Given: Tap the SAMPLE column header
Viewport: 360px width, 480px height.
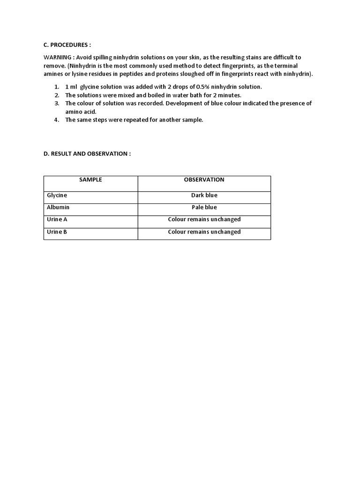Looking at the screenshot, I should (x=90, y=180).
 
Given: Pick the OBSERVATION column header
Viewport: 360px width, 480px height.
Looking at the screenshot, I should (x=204, y=180).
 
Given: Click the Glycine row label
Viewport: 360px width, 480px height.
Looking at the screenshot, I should (x=57, y=195).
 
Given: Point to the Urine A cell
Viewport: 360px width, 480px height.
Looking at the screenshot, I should (x=57, y=219).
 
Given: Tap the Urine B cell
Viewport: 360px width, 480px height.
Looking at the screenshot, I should (x=57, y=232).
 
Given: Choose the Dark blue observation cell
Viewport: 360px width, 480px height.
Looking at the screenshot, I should (x=204, y=195).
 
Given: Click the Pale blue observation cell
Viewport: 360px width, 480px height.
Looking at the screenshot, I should (x=204, y=207).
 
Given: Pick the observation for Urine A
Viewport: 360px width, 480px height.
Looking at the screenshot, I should (x=204, y=219).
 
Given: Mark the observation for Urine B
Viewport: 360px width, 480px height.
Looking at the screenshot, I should (x=204, y=232).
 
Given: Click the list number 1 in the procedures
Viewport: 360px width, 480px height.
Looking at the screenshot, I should (x=56, y=87).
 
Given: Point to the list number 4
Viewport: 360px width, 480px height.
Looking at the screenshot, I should (x=56, y=120).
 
